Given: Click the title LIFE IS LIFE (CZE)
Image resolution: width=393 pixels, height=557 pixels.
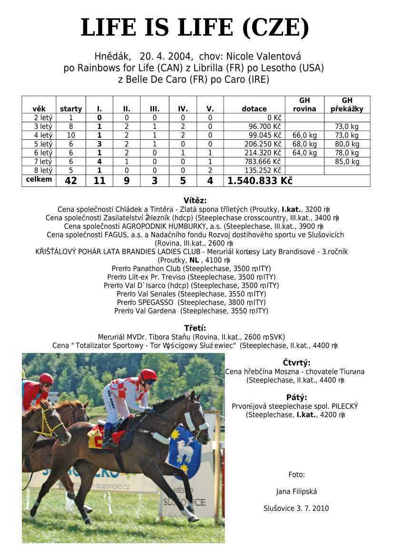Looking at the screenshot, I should pyautogui.click(x=195, y=28).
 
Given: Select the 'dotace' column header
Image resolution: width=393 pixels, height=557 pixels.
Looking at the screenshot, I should pyautogui.click(x=254, y=109).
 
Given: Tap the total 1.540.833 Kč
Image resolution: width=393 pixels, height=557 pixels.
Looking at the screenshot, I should pyautogui.click(x=260, y=181).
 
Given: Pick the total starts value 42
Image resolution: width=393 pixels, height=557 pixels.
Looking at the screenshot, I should pyautogui.click(x=70, y=181).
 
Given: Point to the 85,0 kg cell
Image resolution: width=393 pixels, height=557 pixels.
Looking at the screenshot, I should pyautogui.click(x=347, y=162).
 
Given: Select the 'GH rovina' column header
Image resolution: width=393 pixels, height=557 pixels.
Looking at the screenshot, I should pyautogui.click(x=304, y=105).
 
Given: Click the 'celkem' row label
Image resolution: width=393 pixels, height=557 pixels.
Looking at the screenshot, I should pyautogui.click(x=39, y=180).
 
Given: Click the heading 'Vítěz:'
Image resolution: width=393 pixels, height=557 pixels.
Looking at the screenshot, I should pyautogui.click(x=195, y=201).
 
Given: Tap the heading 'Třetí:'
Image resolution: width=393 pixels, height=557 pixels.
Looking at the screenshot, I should pyautogui.click(x=195, y=328).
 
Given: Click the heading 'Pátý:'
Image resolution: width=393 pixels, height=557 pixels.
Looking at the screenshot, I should pyautogui.click(x=296, y=397).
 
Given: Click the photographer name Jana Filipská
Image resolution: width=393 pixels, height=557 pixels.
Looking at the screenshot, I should pyautogui.click(x=296, y=491).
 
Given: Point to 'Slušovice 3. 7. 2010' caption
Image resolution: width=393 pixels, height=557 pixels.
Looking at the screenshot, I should pyautogui.click(x=296, y=508).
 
